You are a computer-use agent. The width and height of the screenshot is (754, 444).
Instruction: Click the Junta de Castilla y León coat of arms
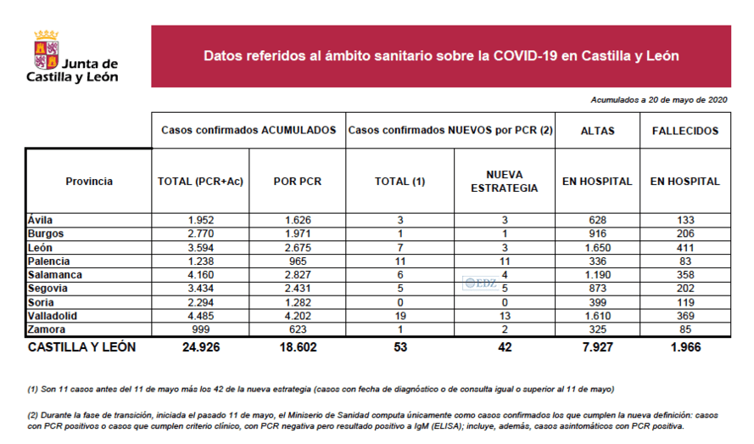tap(46, 50)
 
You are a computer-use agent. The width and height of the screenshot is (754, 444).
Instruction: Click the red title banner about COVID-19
tap(441, 56)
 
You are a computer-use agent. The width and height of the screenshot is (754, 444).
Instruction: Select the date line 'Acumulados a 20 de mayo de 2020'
tap(660, 100)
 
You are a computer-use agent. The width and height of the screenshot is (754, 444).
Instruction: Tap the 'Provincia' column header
tap(88, 181)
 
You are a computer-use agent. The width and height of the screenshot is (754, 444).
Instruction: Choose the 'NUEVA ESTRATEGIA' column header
tap(504, 181)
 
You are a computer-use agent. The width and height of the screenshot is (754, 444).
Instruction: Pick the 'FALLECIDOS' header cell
tap(684, 131)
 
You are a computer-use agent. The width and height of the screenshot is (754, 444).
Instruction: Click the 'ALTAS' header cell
tap(597, 131)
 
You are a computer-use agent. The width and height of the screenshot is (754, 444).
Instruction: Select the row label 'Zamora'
tap(47, 328)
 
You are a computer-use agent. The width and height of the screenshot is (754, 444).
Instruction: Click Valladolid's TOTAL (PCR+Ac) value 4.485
tap(201, 315)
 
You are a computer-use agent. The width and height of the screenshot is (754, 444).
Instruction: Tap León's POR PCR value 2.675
tap(297, 246)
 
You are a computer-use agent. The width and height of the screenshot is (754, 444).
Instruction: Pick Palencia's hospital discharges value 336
tap(597, 261)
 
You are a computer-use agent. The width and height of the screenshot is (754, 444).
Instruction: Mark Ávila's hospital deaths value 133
tap(684, 220)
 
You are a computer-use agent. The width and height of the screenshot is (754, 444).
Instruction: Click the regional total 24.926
tap(201, 347)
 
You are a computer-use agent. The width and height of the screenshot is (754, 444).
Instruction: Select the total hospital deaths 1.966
tap(684, 347)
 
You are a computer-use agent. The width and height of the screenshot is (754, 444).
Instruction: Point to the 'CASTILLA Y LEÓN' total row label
tap(81, 347)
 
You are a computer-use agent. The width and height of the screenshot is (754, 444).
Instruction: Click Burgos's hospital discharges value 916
tap(597, 233)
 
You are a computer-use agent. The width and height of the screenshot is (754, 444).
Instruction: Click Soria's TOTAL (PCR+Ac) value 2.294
tap(201, 302)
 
